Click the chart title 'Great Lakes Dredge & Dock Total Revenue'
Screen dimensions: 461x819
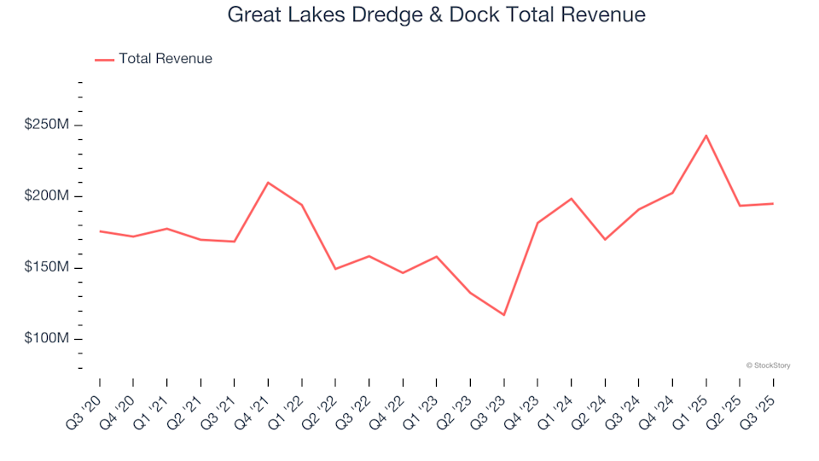tap(436, 15)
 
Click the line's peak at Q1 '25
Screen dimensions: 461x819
tap(706, 136)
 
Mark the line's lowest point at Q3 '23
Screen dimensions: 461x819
tap(504, 315)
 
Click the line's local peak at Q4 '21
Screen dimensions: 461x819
tap(268, 183)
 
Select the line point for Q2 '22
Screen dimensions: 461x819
tap(335, 269)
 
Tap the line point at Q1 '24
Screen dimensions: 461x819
tap(572, 199)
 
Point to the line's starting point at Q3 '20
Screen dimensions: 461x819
tap(100, 231)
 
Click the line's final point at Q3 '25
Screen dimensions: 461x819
tap(773, 203)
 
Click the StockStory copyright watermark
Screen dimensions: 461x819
tap(768, 365)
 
